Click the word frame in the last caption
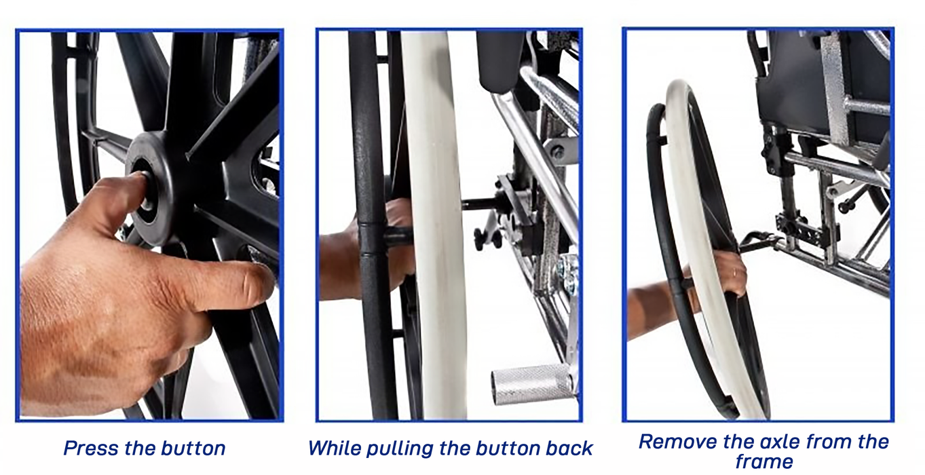point(763,463)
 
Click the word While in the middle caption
point(332,448)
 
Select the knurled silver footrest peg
point(533,385)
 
